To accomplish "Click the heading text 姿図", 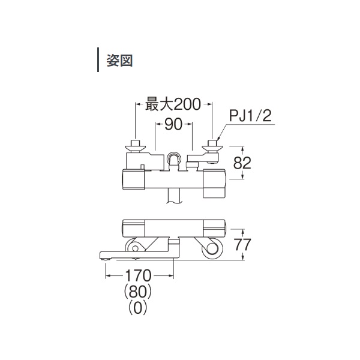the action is tap(119, 61).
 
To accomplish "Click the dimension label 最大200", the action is tap(173, 104).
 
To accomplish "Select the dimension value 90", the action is tap(173, 124).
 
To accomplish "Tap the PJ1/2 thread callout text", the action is tap(250, 116).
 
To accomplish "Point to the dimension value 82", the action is tap(242, 163).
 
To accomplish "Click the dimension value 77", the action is tap(242, 244).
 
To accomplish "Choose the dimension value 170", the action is tap(138, 275).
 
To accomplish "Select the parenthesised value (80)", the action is tap(138, 292).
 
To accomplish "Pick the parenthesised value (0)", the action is tap(138, 307).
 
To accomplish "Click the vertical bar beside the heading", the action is tap(98, 59).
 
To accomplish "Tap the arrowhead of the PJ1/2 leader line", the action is tap(218, 138).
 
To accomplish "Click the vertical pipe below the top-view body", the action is tap(174, 196).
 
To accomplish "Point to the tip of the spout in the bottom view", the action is tap(100, 255).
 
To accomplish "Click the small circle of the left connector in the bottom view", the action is tap(135, 248).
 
